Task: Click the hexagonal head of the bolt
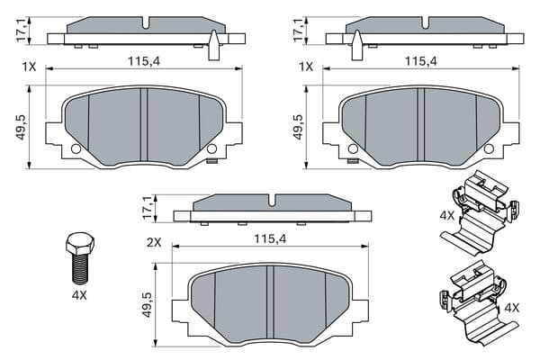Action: pyautogui.click(x=79, y=244)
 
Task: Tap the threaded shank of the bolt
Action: pyautogui.click(x=80, y=269)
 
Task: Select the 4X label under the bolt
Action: pyautogui.click(x=79, y=295)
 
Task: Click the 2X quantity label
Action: pyautogui.click(x=154, y=243)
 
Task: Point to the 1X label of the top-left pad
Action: pyautogui.click(x=29, y=67)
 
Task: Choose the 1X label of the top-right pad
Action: pyautogui.click(x=306, y=67)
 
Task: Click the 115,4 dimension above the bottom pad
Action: pyautogui.click(x=270, y=238)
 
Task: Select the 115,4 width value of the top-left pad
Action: pyautogui.click(x=144, y=61)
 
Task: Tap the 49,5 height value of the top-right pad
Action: pyautogui.click(x=298, y=127)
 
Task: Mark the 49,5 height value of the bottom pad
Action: pyautogui.click(x=148, y=305)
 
